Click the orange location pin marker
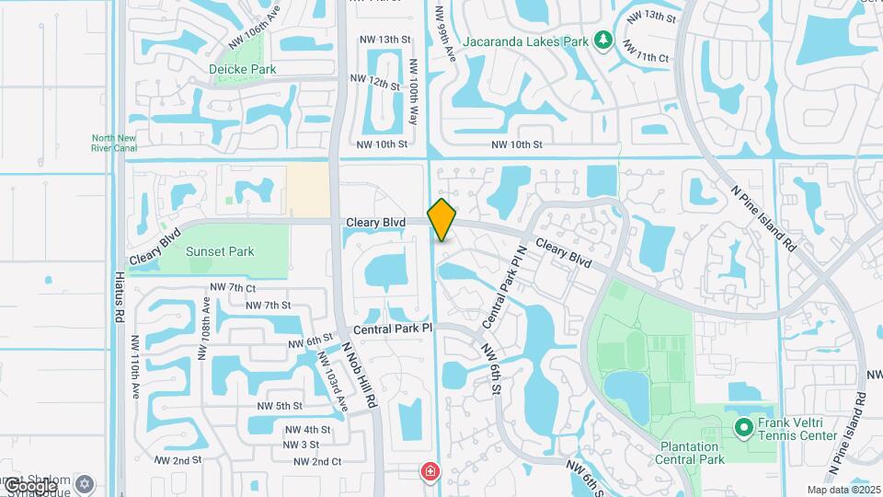click(x=442, y=220)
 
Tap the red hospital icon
click(x=430, y=472)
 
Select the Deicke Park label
click(x=243, y=69)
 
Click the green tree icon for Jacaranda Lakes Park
click(x=603, y=40)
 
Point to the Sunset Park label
click(x=220, y=251)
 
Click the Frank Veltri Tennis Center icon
click(x=744, y=427)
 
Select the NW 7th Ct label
click(x=233, y=288)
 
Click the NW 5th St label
click(x=280, y=406)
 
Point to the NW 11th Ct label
click(x=644, y=57)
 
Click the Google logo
click(x=29, y=485)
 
